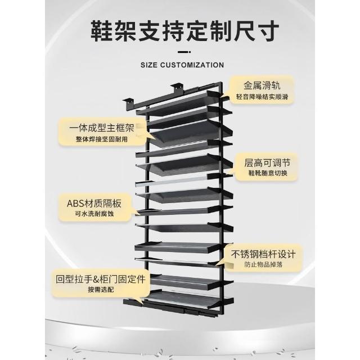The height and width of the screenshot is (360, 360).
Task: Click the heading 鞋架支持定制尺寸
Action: (185, 31)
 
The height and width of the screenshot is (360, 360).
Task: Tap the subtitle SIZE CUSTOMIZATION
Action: (182, 65)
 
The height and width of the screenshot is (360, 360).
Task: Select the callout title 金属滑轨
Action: (262, 85)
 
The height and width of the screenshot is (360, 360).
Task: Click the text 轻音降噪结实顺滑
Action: (262, 97)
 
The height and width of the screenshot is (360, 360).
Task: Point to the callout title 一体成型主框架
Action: (102, 128)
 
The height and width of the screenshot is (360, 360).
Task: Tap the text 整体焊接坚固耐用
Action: (102, 139)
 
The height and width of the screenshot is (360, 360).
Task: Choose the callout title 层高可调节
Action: (268, 163)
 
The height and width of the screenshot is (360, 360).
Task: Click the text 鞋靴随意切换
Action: (268, 173)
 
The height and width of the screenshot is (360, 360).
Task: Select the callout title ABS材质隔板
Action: (94, 204)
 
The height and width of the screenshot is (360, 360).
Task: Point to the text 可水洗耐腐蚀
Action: (94, 214)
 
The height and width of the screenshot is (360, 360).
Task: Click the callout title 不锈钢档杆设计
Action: (263, 254)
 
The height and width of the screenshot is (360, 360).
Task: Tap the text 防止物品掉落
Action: (263, 264)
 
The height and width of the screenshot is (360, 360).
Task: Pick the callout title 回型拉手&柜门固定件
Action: (101, 280)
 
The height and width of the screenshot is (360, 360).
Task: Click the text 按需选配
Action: (101, 290)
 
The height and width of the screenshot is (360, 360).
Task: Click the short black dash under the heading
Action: (184, 52)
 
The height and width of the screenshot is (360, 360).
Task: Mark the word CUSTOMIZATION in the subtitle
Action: (192, 65)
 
